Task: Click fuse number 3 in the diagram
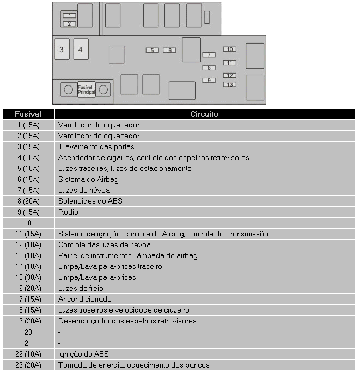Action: coord(62,50)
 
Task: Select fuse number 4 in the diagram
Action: coord(81,50)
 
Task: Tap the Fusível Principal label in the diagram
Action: coord(87,90)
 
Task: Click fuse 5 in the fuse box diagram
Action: coord(152,50)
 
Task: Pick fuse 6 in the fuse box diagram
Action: coord(169,50)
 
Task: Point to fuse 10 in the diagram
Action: coord(229,50)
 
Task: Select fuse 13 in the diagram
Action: coord(229,84)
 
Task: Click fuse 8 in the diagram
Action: coord(209,68)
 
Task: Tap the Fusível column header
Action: coord(28,114)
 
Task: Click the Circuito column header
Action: coord(204,114)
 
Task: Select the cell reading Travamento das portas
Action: coord(96,146)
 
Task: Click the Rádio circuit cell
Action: coord(68,212)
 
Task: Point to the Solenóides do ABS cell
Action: coord(90,201)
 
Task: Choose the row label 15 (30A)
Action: coord(28,277)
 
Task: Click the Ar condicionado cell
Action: coord(85,299)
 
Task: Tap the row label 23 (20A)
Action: coord(28,365)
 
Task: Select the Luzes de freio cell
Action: coord(81,288)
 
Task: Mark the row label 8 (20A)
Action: coord(28,201)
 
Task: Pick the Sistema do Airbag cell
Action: coord(88,179)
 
